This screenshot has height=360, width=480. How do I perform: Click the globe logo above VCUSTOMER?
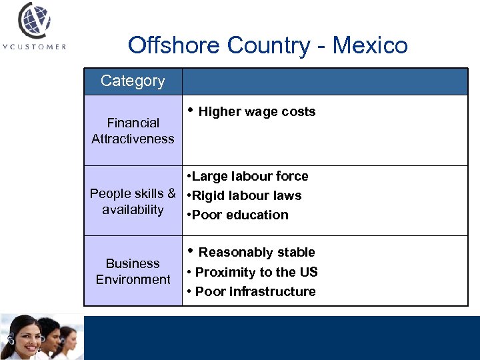(x=33, y=21)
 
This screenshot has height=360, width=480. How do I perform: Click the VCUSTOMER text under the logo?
(x=34, y=47)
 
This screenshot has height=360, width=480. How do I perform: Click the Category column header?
(x=133, y=81)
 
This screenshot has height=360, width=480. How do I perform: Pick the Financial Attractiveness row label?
(x=133, y=131)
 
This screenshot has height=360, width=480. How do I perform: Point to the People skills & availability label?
(x=133, y=201)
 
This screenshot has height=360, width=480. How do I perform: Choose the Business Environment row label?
(x=133, y=271)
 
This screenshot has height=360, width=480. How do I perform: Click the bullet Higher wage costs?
(x=257, y=111)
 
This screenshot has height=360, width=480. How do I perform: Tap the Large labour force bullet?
(x=249, y=177)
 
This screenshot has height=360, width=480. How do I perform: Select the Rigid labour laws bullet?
(x=246, y=196)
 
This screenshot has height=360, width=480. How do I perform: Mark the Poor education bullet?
(x=239, y=215)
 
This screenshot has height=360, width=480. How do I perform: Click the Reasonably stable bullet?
(x=257, y=252)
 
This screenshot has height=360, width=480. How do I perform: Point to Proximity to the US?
(x=256, y=272)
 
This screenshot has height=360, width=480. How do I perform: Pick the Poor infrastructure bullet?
(x=255, y=291)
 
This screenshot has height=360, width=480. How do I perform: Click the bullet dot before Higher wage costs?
(x=191, y=110)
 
